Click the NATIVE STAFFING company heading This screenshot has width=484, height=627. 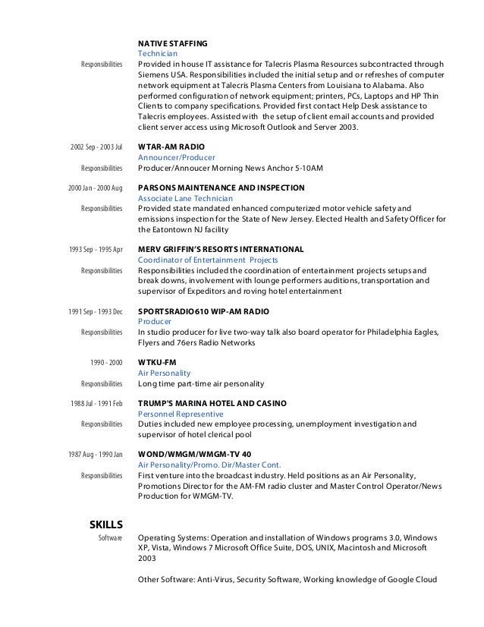(x=172, y=43)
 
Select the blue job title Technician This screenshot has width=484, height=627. (x=157, y=55)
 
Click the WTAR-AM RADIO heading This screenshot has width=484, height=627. (x=171, y=146)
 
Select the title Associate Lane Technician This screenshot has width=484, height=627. (x=186, y=197)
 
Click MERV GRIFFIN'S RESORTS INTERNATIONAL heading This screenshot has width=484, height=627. (x=221, y=249)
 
